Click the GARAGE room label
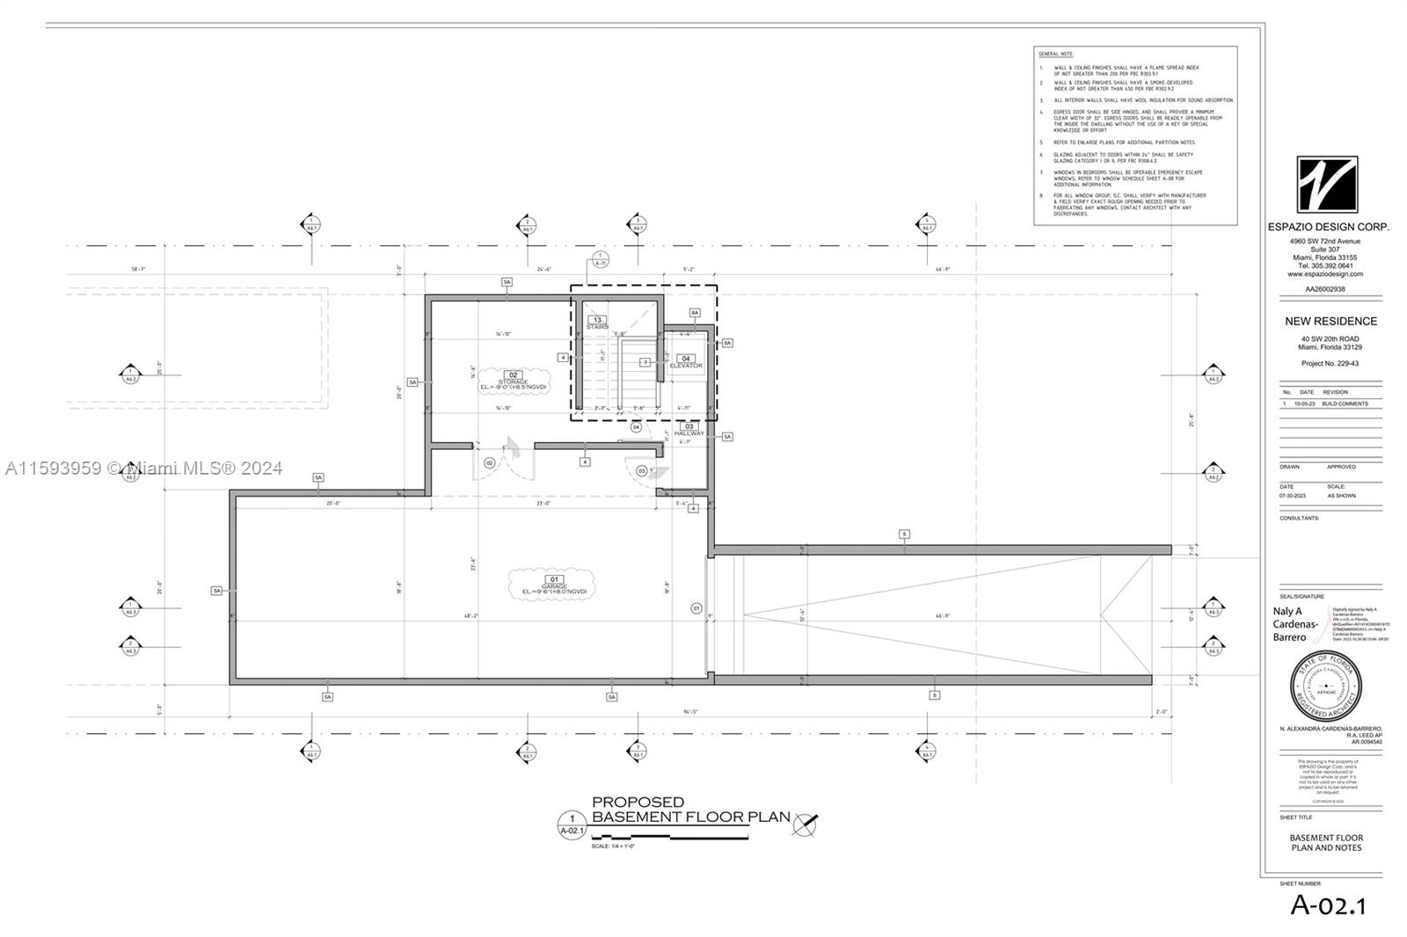(554, 585)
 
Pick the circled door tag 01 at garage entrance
(696, 607)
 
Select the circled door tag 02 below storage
(490, 462)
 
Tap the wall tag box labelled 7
(645, 362)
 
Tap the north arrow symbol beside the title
(804, 824)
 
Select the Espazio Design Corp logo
(1327, 184)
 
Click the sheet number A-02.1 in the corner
(1328, 904)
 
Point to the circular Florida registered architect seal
(1327, 686)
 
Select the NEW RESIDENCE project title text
(1330, 321)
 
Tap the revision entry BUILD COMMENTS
(1345, 403)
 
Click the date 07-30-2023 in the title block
(1293, 496)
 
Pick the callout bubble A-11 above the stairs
(601, 259)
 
